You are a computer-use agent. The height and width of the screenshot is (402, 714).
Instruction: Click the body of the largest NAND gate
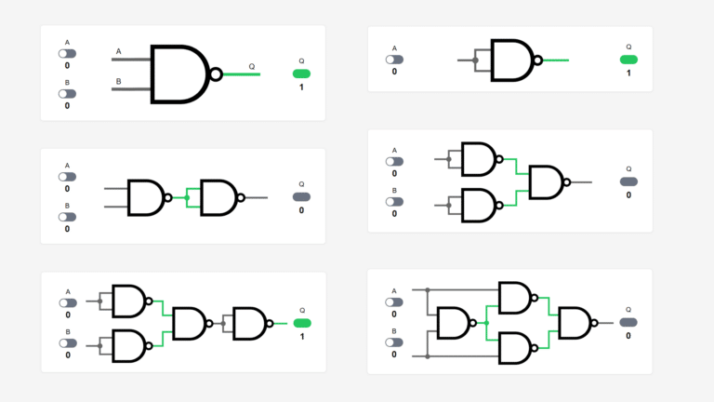pos(178,74)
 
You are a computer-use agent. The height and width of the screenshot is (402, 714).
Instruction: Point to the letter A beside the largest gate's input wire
pos(119,51)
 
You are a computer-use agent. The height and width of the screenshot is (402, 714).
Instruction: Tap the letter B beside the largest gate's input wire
pos(119,82)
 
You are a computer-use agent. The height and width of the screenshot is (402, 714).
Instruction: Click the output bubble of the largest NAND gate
pos(217,74)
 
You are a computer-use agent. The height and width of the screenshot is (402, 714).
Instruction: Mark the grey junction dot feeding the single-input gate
pos(475,60)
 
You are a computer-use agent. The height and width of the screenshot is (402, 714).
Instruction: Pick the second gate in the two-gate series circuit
pos(219,197)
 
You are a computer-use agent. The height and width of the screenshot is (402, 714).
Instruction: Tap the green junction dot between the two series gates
pos(187,197)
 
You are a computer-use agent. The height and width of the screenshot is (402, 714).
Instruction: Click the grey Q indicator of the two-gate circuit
pos(301,196)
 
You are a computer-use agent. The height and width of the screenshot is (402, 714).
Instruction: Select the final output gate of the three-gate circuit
pos(547,181)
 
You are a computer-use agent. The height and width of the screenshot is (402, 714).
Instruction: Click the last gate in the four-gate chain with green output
pos(249,323)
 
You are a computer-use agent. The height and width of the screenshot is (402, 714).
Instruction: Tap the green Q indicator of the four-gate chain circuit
pos(301,323)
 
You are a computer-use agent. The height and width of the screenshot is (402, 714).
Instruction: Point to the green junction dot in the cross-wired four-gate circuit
pos(486,323)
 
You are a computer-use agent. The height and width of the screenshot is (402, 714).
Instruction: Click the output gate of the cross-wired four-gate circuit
pos(575,323)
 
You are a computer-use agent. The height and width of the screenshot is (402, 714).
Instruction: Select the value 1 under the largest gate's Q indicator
pos(301,87)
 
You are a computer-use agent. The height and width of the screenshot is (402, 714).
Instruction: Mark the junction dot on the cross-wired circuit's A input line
pos(428,289)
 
